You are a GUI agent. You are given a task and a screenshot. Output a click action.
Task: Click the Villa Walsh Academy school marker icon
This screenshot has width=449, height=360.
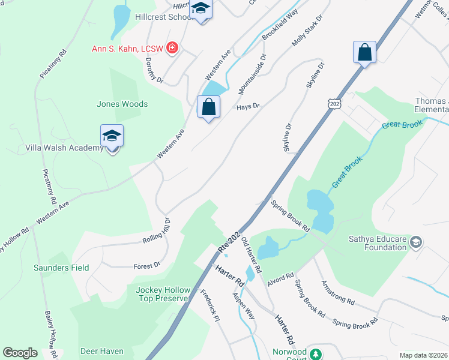coord(112,137)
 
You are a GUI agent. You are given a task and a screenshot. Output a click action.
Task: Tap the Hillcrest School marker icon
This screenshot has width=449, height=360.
coord(201,9)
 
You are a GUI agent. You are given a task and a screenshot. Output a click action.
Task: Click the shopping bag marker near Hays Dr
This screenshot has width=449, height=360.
coord(208,108)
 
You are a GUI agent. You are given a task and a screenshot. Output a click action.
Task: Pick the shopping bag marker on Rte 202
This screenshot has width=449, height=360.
coord(364,53)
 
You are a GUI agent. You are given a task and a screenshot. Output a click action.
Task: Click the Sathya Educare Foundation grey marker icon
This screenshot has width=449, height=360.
coord(417,242)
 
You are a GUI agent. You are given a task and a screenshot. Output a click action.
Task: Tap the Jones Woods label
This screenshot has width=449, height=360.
coord(122,104)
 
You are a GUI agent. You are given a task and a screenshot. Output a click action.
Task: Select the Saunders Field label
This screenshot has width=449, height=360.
coord(61,268)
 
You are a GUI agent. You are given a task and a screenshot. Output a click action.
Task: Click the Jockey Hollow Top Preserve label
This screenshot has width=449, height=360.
coord(162,293)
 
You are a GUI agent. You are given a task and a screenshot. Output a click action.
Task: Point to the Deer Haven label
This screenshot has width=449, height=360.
coord(102,351)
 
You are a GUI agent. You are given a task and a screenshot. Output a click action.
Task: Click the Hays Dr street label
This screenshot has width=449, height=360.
coord(247,106)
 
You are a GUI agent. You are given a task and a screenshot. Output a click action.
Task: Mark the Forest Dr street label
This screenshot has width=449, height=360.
coord(147,265)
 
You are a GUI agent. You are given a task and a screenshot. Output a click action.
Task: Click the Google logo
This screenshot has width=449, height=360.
coord(20,353)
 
